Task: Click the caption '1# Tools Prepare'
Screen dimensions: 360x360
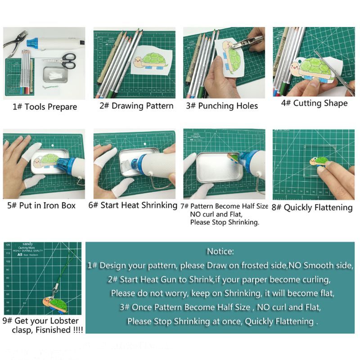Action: (x=45, y=107)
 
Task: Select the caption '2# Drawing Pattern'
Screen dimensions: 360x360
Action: (x=136, y=106)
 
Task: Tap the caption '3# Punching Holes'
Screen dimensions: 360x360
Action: (x=222, y=106)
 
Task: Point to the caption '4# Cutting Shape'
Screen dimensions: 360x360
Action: (x=314, y=103)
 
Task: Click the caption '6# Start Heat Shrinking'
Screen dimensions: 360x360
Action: (x=133, y=205)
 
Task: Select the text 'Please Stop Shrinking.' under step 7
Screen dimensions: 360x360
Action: (x=225, y=222)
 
